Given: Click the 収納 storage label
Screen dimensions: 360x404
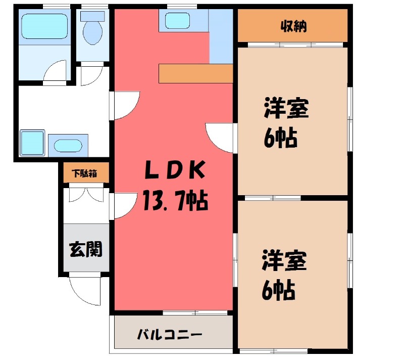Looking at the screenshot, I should point(293,26).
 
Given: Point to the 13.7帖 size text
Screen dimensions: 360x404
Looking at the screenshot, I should point(174,202).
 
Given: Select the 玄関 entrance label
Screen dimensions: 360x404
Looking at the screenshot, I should point(86,249).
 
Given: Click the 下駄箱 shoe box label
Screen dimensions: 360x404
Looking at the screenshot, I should point(85,173).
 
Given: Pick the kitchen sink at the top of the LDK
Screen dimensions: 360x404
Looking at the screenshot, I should point(177,21).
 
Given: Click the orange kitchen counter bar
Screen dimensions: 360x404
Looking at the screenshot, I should point(195,73).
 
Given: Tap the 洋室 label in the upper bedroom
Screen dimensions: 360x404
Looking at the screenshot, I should point(286,109).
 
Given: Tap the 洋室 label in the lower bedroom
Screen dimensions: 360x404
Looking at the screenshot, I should point(284,261).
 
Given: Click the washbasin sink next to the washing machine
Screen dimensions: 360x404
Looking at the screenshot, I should point(68,145).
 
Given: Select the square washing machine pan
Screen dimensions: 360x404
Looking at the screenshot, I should point(32,143).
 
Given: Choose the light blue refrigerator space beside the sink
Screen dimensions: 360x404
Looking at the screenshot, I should point(221,36).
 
